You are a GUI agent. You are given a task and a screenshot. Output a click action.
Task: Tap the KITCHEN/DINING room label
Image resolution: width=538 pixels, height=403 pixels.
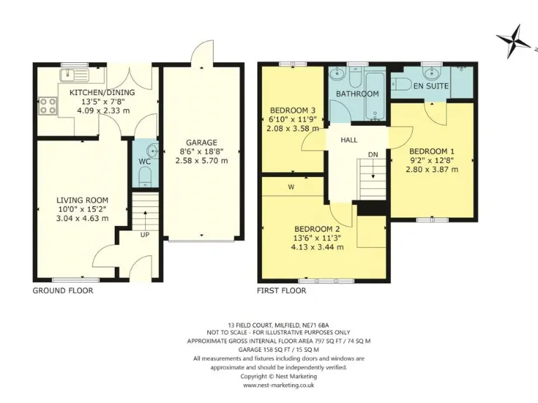102,92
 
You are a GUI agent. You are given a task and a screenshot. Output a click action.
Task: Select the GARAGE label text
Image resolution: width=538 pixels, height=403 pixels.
201,142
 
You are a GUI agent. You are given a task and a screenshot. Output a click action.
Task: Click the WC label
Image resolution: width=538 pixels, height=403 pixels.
144,162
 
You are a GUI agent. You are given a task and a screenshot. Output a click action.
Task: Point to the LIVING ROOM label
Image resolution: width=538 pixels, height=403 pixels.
83,199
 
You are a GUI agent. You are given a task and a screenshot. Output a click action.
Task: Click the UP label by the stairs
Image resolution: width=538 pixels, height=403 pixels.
145,234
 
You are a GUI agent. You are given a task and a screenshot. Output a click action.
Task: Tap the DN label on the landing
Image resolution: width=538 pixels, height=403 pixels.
373,155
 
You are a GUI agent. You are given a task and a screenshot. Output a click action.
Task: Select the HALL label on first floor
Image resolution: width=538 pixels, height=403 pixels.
349,140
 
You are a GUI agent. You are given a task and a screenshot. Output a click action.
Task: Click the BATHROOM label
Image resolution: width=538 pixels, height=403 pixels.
357,94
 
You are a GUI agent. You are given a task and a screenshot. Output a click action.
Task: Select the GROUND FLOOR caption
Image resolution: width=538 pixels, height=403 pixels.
62,290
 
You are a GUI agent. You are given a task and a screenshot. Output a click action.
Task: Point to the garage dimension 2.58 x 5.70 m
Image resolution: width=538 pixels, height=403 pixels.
201,160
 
